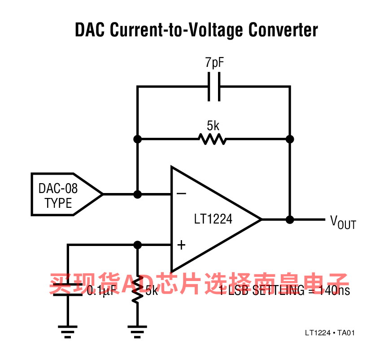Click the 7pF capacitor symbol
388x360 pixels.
214,86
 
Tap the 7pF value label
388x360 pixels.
214,63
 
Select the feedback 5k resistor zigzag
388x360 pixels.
213,139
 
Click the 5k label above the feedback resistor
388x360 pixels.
213,125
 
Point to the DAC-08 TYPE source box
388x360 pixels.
63,194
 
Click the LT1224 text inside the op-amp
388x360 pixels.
213,220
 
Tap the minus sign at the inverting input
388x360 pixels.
181,194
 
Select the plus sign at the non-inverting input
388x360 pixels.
181,245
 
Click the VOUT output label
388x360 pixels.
343,221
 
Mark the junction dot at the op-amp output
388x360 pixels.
290,220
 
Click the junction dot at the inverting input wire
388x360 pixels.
138,194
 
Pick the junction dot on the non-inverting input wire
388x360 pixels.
138,245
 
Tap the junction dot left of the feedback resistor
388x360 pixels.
138,139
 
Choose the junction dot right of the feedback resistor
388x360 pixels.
290,139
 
